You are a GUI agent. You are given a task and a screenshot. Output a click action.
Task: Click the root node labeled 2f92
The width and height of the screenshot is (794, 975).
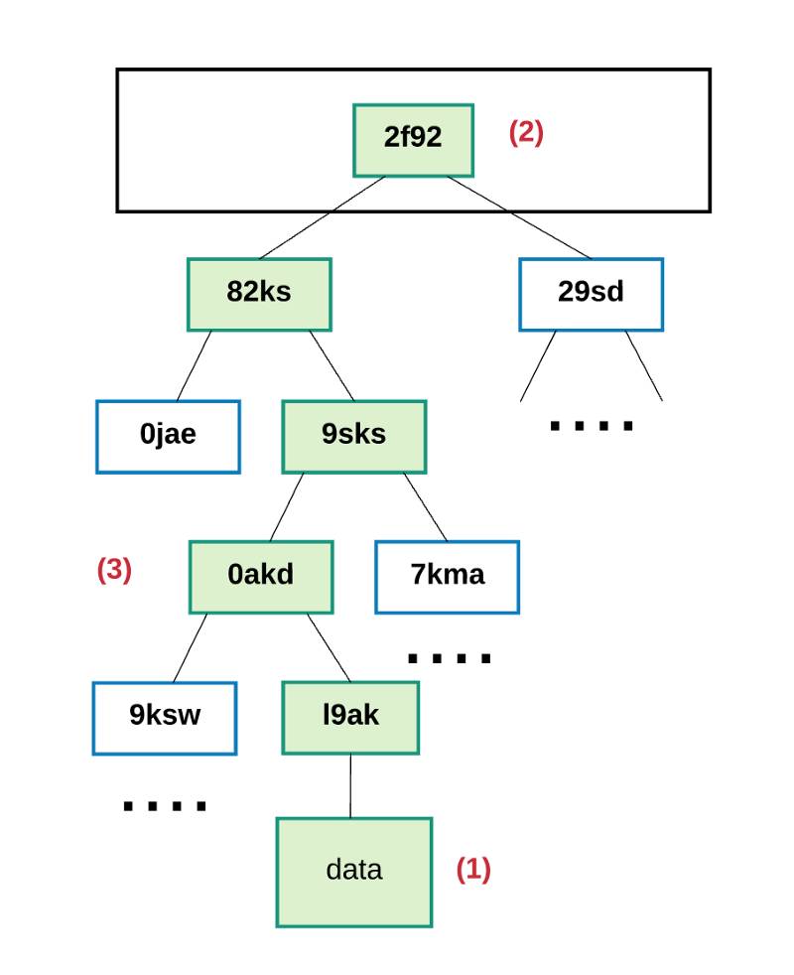pyautogui.click(x=413, y=141)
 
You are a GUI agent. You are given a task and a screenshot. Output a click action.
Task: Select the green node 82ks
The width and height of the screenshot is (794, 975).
pyautogui.click(x=259, y=294)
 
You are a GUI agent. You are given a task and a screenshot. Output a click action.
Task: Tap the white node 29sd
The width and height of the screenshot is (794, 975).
pyautogui.click(x=591, y=294)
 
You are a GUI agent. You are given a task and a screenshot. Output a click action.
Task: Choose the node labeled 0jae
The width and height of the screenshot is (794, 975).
pyautogui.click(x=168, y=437)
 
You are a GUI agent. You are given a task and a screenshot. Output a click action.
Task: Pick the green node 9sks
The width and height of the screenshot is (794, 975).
pyautogui.click(x=353, y=437)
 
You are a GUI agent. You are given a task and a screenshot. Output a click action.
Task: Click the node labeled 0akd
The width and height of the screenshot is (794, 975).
pyautogui.click(x=261, y=577)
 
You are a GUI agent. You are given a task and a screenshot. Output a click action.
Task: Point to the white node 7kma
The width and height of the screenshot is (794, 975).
pyautogui.click(x=447, y=577)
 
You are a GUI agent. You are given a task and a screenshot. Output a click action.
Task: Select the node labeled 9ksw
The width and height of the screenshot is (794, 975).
pyautogui.click(x=165, y=718)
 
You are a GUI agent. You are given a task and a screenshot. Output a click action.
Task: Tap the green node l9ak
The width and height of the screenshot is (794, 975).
pyautogui.click(x=350, y=718)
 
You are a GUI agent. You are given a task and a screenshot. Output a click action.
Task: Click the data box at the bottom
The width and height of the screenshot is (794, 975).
pyautogui.click(x=353, y=872)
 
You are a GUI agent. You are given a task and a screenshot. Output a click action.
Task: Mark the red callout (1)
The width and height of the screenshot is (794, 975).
pyautogui.click(x=473, y=870)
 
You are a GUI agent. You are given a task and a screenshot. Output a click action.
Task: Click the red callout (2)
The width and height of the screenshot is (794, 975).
pyautogui.click(x=526, y=132)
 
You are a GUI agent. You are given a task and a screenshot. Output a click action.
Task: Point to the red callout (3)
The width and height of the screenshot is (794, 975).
pyautogui.click(x=114, y=570)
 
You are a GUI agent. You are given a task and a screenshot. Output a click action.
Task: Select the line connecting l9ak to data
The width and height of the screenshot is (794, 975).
pyautogui.click(x=350, y=786)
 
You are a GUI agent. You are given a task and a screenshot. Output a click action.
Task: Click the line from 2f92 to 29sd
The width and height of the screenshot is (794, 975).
pyautogui.click(x=518, y=217)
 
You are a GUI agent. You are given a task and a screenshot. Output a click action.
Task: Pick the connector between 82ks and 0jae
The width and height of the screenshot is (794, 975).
pyautogui.click(x=194, y=365)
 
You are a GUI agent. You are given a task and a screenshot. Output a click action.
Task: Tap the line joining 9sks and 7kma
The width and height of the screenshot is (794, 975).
pyautogui.click(x=426, y=506)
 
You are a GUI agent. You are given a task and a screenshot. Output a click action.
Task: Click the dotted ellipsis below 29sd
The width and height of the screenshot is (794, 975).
pyautogui.click(x=592, y=426)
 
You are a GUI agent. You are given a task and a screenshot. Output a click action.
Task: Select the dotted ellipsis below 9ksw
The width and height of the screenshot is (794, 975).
pyautogui.click(x=165, y=806)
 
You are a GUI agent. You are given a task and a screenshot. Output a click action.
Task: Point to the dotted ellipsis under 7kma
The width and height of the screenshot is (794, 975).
pyautogui.click(x=449, y=658)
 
